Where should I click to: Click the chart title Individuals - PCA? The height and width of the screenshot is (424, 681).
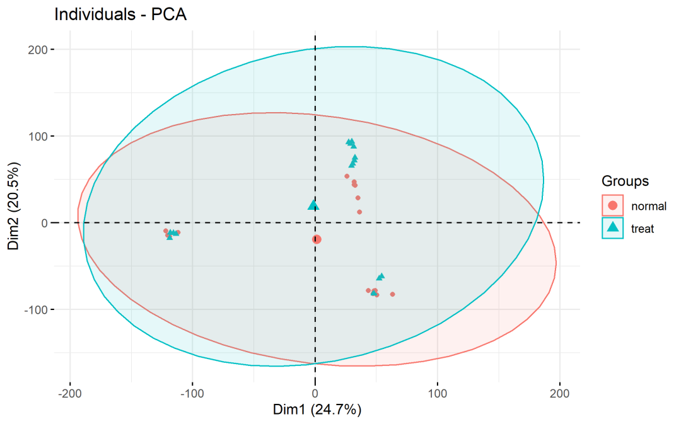point(120,14)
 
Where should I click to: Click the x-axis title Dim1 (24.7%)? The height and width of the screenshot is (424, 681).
point(317,410)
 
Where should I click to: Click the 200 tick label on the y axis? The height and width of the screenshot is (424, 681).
point(39,50)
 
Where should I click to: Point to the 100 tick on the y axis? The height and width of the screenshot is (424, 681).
point(39,137)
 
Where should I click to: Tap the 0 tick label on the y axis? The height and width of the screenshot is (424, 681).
point(44,223)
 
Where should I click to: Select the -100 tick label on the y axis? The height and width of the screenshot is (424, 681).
point(37,310)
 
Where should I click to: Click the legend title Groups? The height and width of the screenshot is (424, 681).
point(625,181)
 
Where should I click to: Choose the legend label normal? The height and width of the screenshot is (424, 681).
point(648,206)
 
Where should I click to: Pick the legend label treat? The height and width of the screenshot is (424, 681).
point(643,229)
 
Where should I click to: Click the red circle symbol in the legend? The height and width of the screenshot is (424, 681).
point(612,205)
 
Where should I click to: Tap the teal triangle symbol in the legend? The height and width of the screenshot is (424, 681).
point(612,228)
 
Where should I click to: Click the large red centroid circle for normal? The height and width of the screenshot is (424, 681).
point(317,239)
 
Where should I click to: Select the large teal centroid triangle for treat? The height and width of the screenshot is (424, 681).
point(313,205)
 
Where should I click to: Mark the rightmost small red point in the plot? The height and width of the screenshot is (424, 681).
point(392,294)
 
